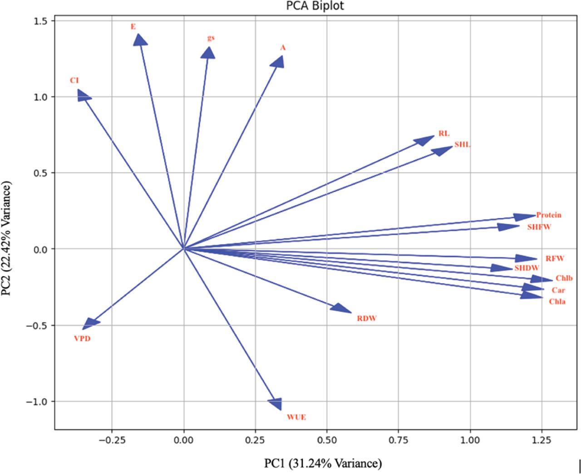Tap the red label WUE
(x=296, y=417)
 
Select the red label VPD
(x=82, y=338)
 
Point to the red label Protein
(x=548, y=215)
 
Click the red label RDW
(x=367, y=318)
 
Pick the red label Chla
(x=557, y=301)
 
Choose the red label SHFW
(x=539, y=227)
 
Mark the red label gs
(x=211, y=38)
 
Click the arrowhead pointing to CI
(x=83, y=95)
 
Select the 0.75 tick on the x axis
(x=398, y=440)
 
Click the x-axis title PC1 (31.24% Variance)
(x=323, y=464)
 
